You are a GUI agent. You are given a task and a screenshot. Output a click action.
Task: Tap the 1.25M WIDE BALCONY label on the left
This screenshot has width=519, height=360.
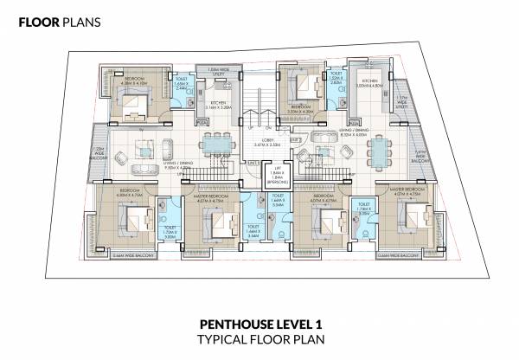[98, 154]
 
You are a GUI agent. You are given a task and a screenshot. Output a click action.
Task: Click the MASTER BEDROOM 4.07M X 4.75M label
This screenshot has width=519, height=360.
[404, 191]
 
